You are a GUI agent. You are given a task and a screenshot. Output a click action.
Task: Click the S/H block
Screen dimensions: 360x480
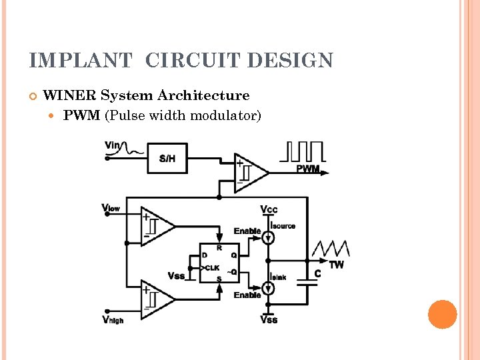(167, 158)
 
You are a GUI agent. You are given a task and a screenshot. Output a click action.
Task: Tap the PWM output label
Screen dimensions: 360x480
(307, 169)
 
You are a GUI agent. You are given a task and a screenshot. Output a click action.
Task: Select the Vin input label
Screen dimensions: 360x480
(112, 145)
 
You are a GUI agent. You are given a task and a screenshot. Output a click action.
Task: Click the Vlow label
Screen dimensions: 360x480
(111, 208)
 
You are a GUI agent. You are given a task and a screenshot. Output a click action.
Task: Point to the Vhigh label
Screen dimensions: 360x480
(113, 320)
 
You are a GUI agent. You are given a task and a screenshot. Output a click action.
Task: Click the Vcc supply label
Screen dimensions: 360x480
(269, 210)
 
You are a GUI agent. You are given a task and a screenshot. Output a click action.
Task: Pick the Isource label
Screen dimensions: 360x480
(283, 226)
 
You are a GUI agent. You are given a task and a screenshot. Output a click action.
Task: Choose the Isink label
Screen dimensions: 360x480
(279, 277)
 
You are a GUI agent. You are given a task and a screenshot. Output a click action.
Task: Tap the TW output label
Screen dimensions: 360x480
(337, 265)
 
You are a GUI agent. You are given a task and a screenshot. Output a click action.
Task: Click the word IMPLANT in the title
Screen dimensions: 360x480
(81, 61)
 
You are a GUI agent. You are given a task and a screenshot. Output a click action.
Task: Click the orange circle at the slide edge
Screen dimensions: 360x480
(442, 315)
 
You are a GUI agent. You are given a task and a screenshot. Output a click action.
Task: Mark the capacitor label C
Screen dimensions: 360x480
(317, 273)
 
